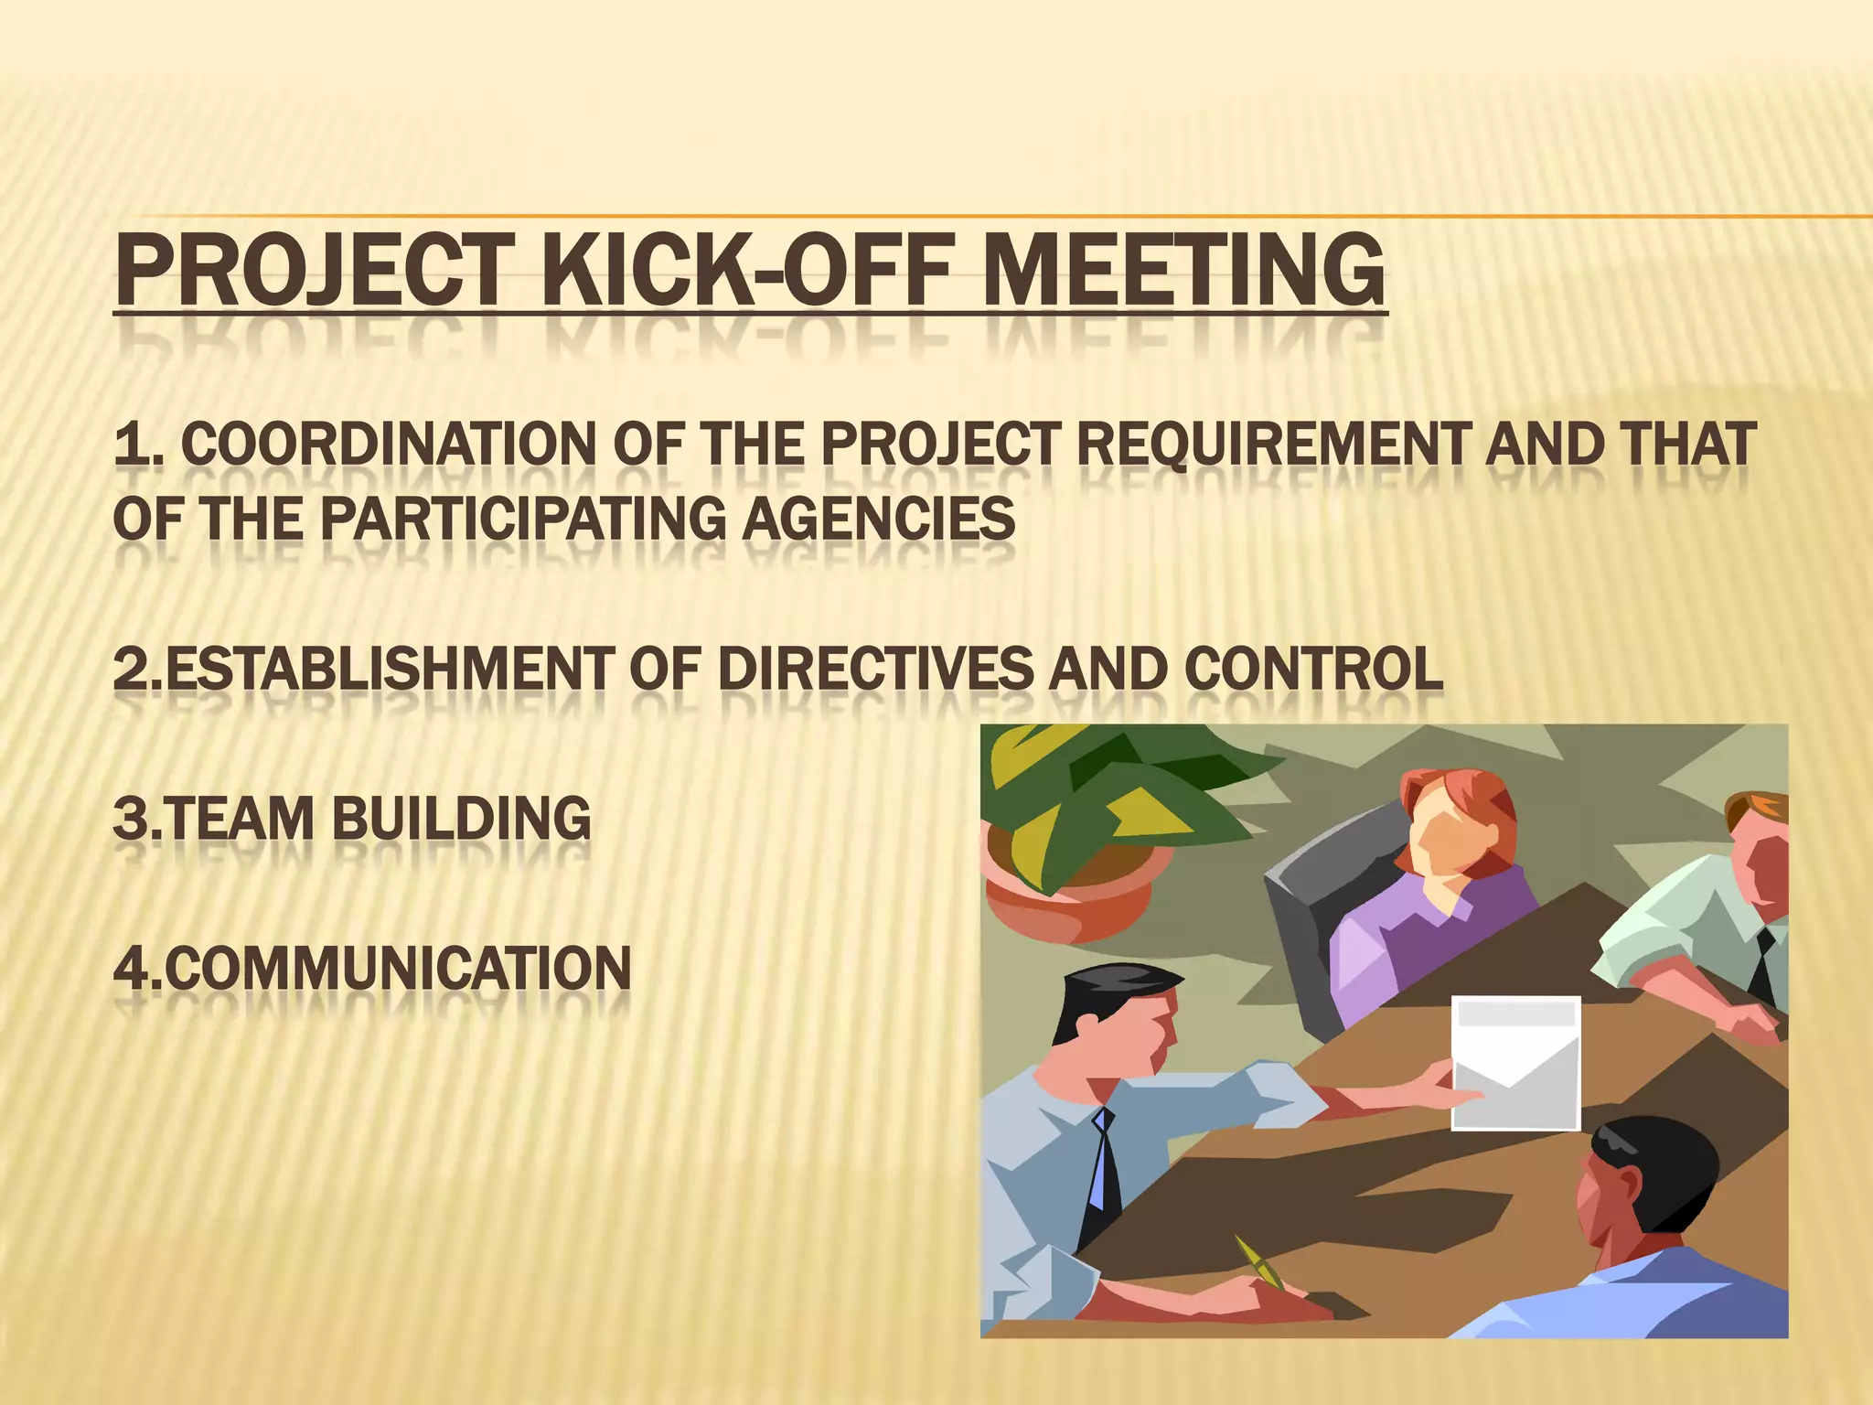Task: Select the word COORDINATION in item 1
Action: coord(388,445)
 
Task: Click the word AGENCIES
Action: coord(878,520)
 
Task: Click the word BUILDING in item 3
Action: coord(461,819)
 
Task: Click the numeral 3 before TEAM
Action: coord(130,819)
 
